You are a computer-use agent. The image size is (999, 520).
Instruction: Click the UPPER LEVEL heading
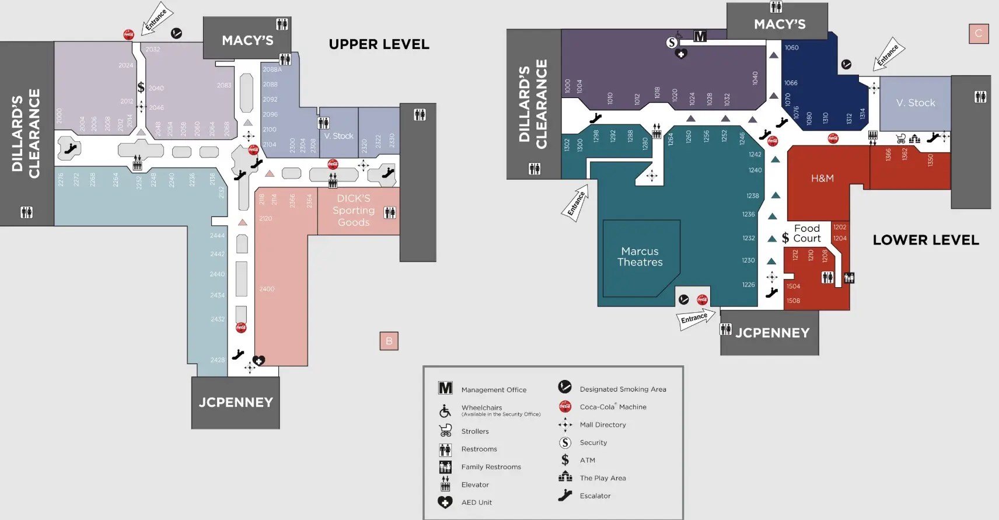point(379,44)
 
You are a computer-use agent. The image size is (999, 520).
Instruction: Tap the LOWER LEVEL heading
point(925,240)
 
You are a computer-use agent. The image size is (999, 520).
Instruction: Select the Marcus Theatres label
point(640,257)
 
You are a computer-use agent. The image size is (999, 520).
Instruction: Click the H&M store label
point(822,178)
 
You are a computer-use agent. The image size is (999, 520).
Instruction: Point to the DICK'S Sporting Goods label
point(354,210)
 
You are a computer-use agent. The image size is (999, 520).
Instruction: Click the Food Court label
point(807,233)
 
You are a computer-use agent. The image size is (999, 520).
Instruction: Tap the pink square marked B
point(389,341)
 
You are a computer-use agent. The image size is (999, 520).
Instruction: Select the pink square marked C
point(979,33)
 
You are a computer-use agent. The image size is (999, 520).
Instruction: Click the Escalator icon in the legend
point(565,495)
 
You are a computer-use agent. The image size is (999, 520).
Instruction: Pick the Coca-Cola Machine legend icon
point(565,407)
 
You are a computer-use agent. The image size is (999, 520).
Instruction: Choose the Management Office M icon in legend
point(445,389)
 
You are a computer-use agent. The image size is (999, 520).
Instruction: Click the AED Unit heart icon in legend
point(445,502)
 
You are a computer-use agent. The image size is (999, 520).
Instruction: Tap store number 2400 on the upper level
point(267,289)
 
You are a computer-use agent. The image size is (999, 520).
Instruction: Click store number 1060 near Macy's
point(792,48)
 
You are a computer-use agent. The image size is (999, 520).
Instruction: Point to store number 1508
point(793,301)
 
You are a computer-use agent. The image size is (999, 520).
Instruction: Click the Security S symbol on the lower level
point(672,43)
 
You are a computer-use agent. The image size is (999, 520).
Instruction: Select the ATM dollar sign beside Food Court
point(785,238)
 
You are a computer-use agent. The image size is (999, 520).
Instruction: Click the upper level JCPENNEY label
point(236,402)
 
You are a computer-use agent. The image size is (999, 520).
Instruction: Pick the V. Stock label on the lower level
point(916,103)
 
